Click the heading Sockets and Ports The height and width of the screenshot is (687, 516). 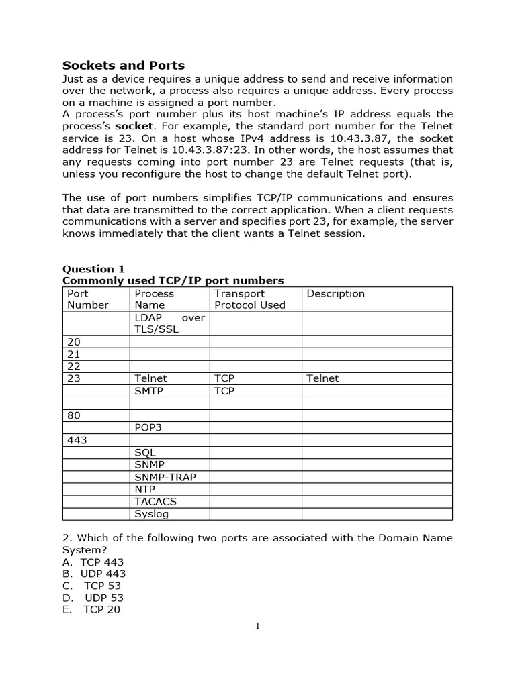(123, 66)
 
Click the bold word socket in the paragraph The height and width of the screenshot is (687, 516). (134, 126)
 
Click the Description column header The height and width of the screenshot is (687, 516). (335, 293)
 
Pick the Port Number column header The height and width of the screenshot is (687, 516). (87, 299)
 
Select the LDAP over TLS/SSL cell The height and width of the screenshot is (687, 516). (169, 324)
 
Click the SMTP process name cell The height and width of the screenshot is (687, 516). (148, 391)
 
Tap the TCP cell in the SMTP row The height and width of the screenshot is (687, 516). (224, 391)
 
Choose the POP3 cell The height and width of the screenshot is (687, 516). (148, 428)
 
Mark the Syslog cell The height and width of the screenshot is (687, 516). (151, 514)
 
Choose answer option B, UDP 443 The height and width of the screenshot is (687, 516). (103, 574)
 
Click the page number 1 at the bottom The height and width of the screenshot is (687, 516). (257, 627)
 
